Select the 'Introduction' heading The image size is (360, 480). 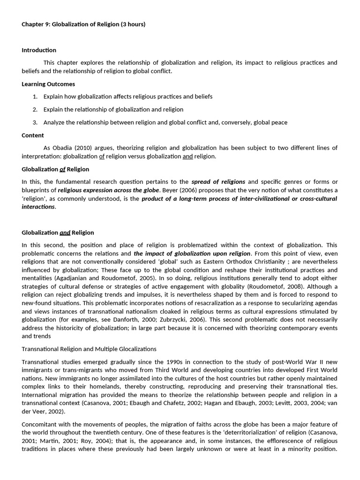click(39, 50)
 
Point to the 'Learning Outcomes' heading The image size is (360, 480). click(48, 84)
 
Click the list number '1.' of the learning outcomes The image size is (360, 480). click(35, 97)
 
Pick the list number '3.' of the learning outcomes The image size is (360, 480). click(35, 122)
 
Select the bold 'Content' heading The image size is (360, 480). click(33, 135)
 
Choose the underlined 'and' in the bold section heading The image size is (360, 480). click(65, 232)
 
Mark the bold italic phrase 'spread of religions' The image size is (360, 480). click(218, 181)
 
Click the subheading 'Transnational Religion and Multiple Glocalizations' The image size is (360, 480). click(89, 349)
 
